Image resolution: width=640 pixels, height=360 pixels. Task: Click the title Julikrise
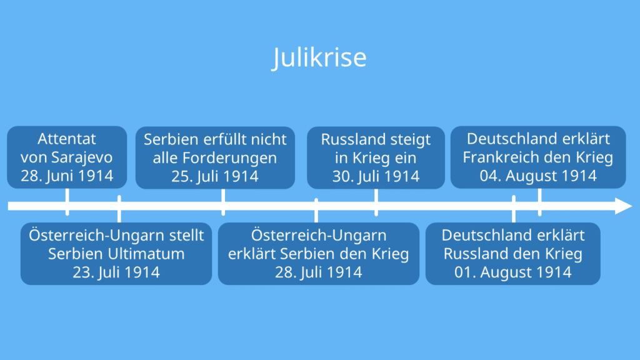pyautogui.click(x=319, y=57)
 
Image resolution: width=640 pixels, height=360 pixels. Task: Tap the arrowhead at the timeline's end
pyautogui.click(x=623, y=206)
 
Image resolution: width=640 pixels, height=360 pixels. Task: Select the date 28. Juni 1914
pyautogui.click(x=67, y=176)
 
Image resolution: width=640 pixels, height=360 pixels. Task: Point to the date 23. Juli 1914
pyautogui.click(x=116, y=272)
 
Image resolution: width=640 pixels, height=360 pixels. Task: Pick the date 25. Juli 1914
pyautogui.click(x=215, y=176)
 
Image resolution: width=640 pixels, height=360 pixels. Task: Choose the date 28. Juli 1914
pyautogui.click(x=318, y=272)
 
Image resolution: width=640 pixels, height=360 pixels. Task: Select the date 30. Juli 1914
pyautogui.click(x=376, y=176)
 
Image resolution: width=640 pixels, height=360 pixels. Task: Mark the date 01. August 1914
pyautogui.click(x=512, y=272)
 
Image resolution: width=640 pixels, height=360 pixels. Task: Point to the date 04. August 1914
pyautogui.click(x=538, y=176)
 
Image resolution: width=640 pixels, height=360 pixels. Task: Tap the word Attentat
pyautogui.click(x=67, y=139)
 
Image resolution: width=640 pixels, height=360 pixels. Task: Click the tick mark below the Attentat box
pyautogui.click(x=67, y=202)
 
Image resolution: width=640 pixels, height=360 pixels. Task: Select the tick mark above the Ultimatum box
pyautogui.click(x=119, y=209)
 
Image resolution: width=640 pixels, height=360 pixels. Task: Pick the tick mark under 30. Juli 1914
pyautogui.click(x=376, y=202)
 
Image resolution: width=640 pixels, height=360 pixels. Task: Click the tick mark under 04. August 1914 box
pyautogui.click(x=539, y=202)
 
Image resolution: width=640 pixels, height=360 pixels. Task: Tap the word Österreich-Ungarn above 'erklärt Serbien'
pyautogui.click(x=318, y=236)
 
